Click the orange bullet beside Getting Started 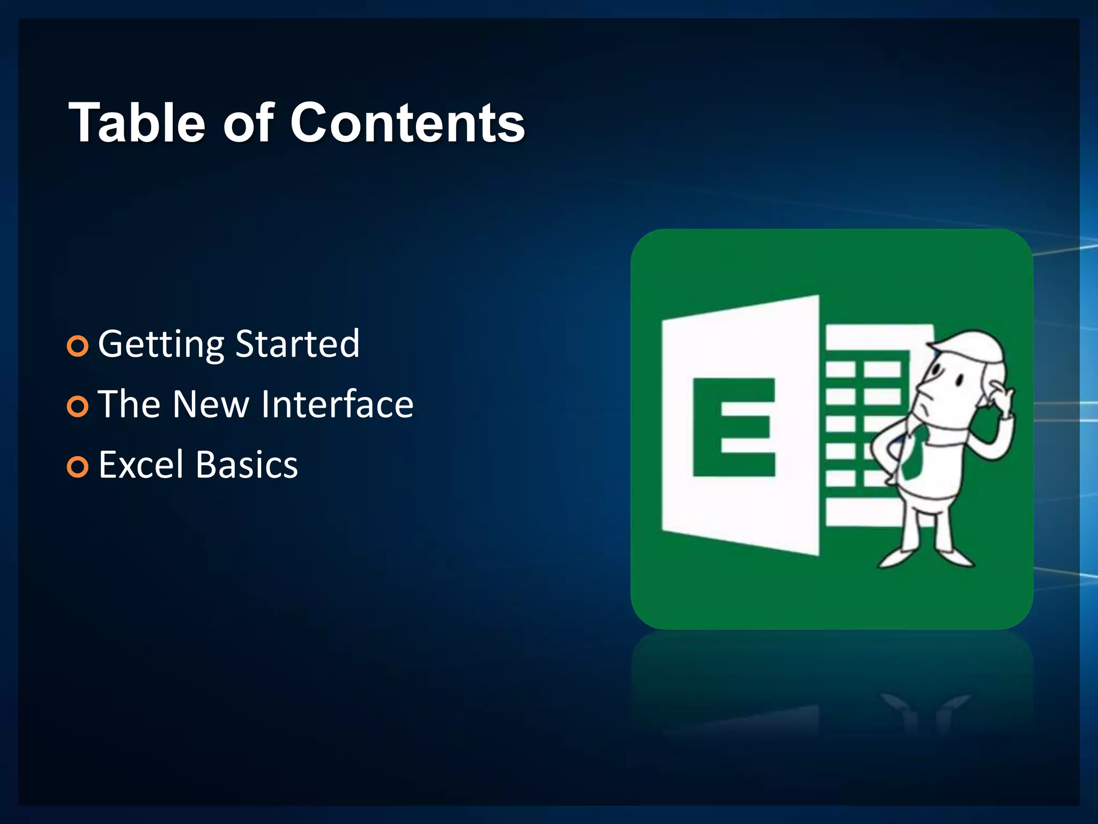pyautogui.click(x=78, y=346)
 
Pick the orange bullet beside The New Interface pyautogui.click(x=78, y=407)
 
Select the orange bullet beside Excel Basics pyautogui.click(x=78, y=467)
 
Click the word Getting pyautogui.click(x=161, y=345)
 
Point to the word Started pyautogui.click(x=298, y=344)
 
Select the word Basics pyautogui.click(x=247, y=465)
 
